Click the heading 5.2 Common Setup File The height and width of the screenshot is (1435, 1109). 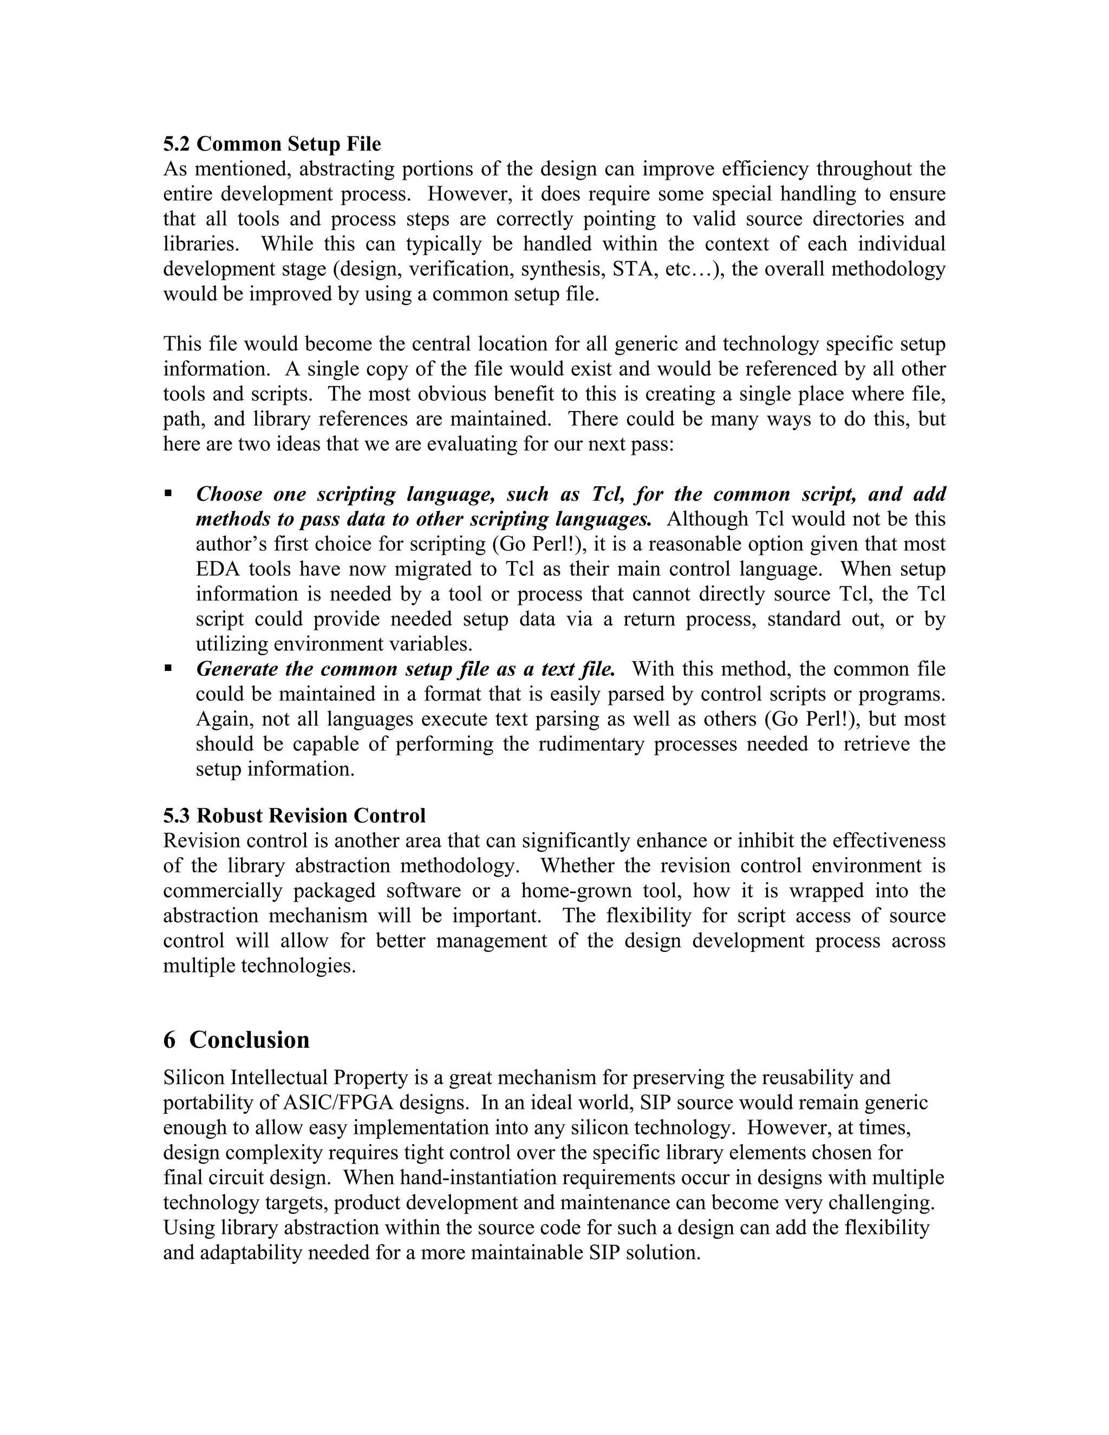coord(272,144)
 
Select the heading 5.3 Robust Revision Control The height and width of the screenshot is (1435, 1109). coord(295,816)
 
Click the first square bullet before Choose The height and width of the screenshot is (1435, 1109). coord(168,493)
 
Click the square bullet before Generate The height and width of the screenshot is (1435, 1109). coord(168,668)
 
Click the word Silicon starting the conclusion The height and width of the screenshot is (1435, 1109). coord(194,1078)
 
